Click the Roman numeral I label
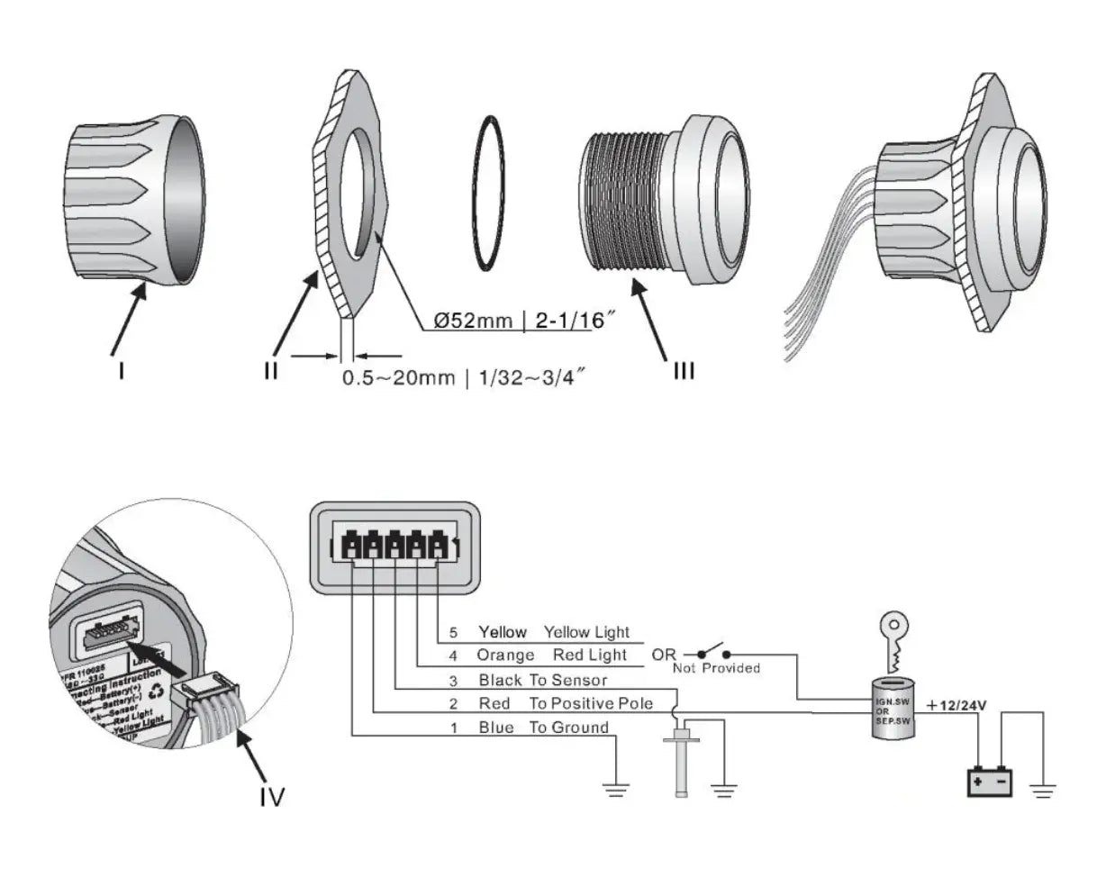[121, 369]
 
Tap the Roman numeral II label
[271, 369]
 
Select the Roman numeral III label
[684, 369]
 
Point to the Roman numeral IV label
[270, 796]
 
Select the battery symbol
[990, 780]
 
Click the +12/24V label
[956, 705]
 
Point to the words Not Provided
[716, 668]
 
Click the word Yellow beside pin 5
[503, 632]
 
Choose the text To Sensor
[567, 680]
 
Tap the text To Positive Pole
[591, 703]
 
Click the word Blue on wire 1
[496, 728]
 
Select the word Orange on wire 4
[505, 655]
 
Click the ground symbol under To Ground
[617, 790]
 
